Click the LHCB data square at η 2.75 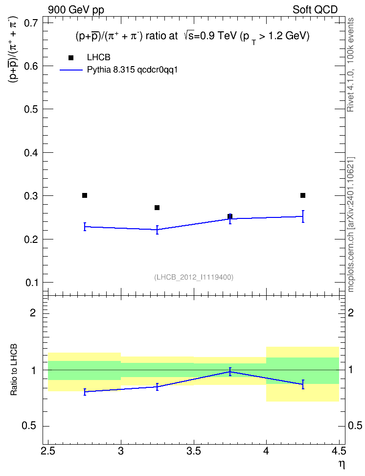(x=85, y=195)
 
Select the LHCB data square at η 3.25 (x=157, y=208)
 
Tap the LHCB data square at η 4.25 (x=303, y=195)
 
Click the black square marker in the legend (x=71, y=58)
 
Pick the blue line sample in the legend (x=71, y=70)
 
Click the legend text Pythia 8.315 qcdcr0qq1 (x=132, y=70)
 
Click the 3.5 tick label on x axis (x=194, y=451)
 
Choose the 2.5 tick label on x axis (x=48, y=451)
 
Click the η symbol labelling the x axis (x=342, y=464)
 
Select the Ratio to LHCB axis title (x=14, y=370)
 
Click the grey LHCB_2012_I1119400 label (x=194, y=277)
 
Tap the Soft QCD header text (x=315, y=10)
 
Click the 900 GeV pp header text (x=76, y=10)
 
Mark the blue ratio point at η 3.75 (x=230, y=372)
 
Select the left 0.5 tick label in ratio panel (x=29, y=426)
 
